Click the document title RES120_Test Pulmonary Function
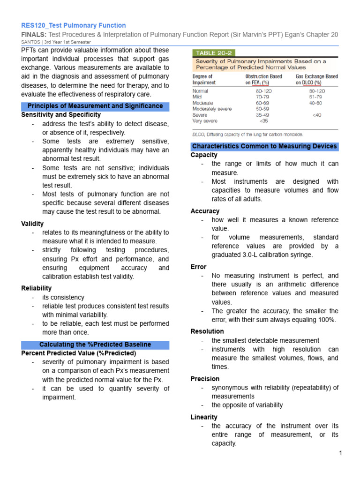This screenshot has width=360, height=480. (x=74, y=25)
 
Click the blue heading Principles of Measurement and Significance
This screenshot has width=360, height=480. (x=95, y=106)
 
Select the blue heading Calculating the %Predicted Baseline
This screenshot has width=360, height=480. (x=95, y=345)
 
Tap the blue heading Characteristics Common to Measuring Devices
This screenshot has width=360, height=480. (x=264, y=146)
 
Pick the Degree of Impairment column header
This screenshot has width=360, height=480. (x=202, y=79)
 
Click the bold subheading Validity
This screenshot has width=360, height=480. (x=33, y=224)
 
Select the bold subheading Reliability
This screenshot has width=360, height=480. (x=37, y=288)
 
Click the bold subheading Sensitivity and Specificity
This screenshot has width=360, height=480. (x=61, y=115)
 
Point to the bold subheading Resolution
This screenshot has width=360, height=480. (x=207, y=331)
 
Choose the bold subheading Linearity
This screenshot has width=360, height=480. (x=204, y=417)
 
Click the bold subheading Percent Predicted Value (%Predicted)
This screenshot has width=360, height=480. (x=79, y=353)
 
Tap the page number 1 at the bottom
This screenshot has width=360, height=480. (x=341, y=453)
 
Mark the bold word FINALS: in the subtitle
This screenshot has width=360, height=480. (x=34, y=35)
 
